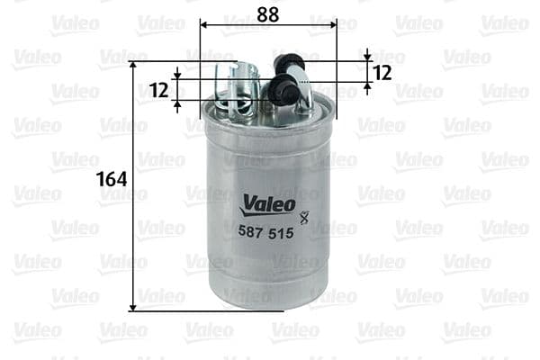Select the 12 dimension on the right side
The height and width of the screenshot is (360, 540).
pos(382,73)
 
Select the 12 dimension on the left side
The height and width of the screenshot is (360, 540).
pos(159,89)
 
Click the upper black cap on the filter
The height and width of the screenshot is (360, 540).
pos(289,63)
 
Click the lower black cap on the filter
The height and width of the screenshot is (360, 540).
pos(282,87)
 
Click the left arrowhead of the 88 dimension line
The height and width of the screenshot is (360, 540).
pos(203,24)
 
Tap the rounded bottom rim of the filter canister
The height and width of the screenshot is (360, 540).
pos(267,302)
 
